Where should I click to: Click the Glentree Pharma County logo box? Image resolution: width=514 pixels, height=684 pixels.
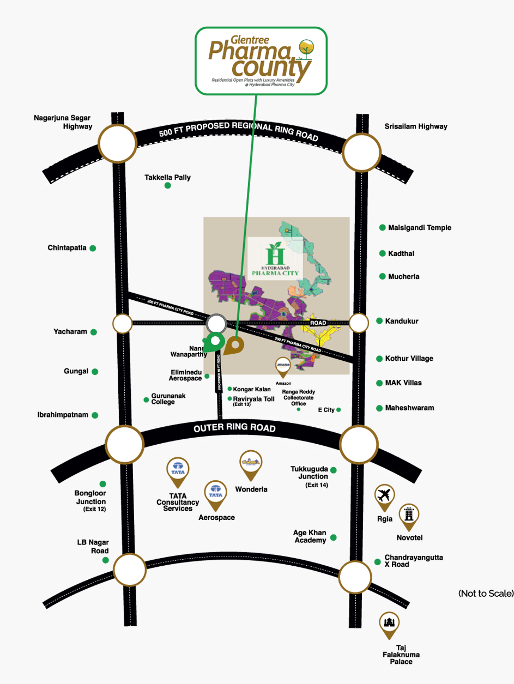click(261, 60)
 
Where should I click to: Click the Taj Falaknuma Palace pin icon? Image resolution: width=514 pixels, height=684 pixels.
click(389, 624)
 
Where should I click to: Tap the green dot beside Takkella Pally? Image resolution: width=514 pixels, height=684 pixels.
click(168, 186)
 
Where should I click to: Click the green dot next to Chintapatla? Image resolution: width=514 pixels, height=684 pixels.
click(93, 249)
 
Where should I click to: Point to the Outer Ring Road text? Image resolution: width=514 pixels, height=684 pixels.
click(234, 428)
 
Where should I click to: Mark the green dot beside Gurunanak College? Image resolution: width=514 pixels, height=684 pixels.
click(146, 400)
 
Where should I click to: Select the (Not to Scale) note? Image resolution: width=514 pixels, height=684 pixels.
click(486, 593)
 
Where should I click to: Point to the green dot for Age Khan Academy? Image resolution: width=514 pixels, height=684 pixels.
click(334, 537)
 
